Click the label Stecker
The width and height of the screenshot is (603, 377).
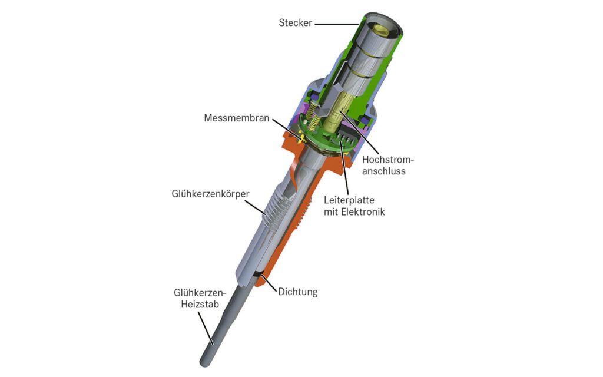[x=296, y=23]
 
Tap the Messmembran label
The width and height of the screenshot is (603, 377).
[x=237, y=118]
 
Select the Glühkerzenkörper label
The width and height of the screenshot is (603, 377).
[x=210, y=193]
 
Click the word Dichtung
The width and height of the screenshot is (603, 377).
[x=298, y=292]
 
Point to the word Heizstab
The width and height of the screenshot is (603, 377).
[x=200, y=305]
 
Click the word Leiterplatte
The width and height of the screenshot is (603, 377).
[x=349, y=200]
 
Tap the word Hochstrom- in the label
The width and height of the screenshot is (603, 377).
[x=388, y=159]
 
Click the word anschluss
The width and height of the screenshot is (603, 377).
[x=384, y=171]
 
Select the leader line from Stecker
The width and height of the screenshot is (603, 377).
[x=337, y=24]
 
